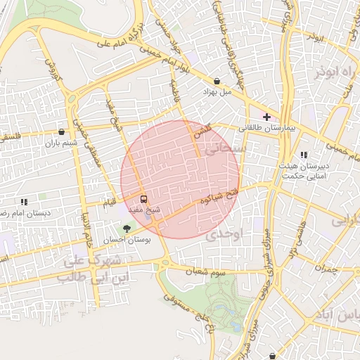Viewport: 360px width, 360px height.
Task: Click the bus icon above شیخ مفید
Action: (x=143, y=200)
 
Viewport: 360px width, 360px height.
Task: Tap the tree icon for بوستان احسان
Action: (x=127, y=229)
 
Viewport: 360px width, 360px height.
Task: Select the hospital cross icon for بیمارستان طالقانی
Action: (x=266, y=115)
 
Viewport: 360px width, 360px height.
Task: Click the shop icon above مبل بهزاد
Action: (x=217, y=82)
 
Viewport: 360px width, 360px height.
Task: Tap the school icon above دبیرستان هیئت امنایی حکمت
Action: (x=304, y=155)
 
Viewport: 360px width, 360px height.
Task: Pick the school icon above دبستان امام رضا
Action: (x=24, y=202)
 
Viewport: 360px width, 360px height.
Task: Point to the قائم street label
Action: (x=108, y=202)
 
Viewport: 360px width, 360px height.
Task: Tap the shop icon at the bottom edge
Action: (x=272, y=356)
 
